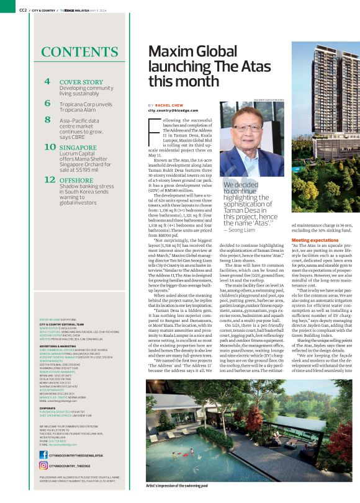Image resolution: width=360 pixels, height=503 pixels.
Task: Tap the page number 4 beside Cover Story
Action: (47, 82)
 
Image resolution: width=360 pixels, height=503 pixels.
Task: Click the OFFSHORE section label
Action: (76, 180)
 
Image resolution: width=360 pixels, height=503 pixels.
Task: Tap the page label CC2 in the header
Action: (23, 11)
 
